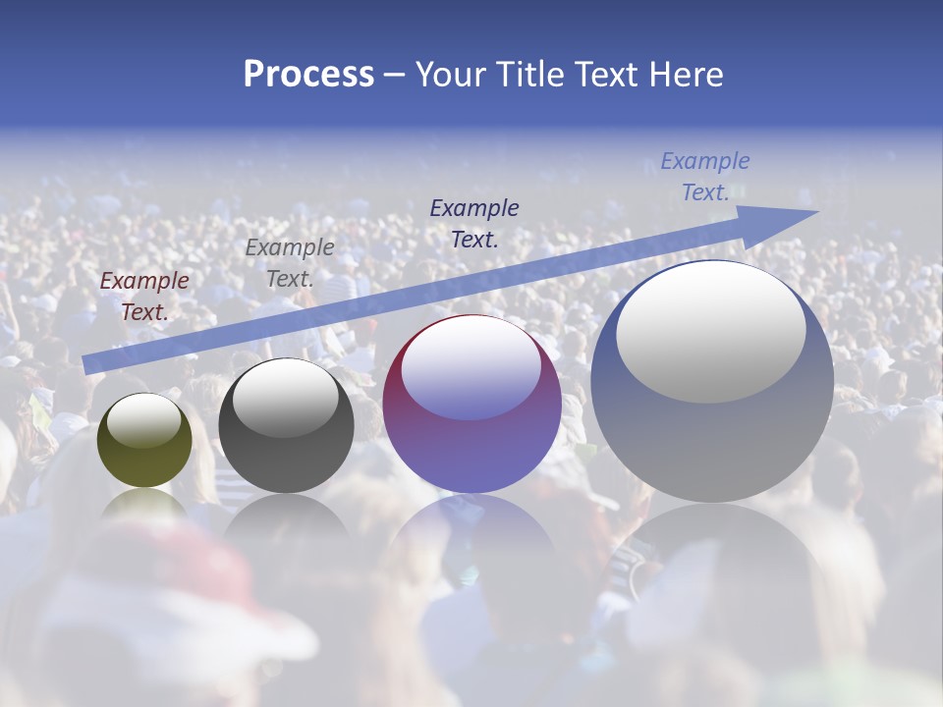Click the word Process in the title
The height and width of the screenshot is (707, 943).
pos(308,75)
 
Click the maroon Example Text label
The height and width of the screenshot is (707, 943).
pos(144,297)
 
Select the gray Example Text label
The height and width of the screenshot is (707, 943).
pos(290,263)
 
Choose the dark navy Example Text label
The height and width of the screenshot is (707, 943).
pos(474,223)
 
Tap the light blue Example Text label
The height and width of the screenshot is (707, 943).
pos(705,177)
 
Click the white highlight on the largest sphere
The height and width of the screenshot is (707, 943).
pos(710,331)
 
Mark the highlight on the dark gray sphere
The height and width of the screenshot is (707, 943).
pos(285,398)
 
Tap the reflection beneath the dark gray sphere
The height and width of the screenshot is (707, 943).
pos(286,516)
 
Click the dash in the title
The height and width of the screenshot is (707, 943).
pos(394,76)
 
